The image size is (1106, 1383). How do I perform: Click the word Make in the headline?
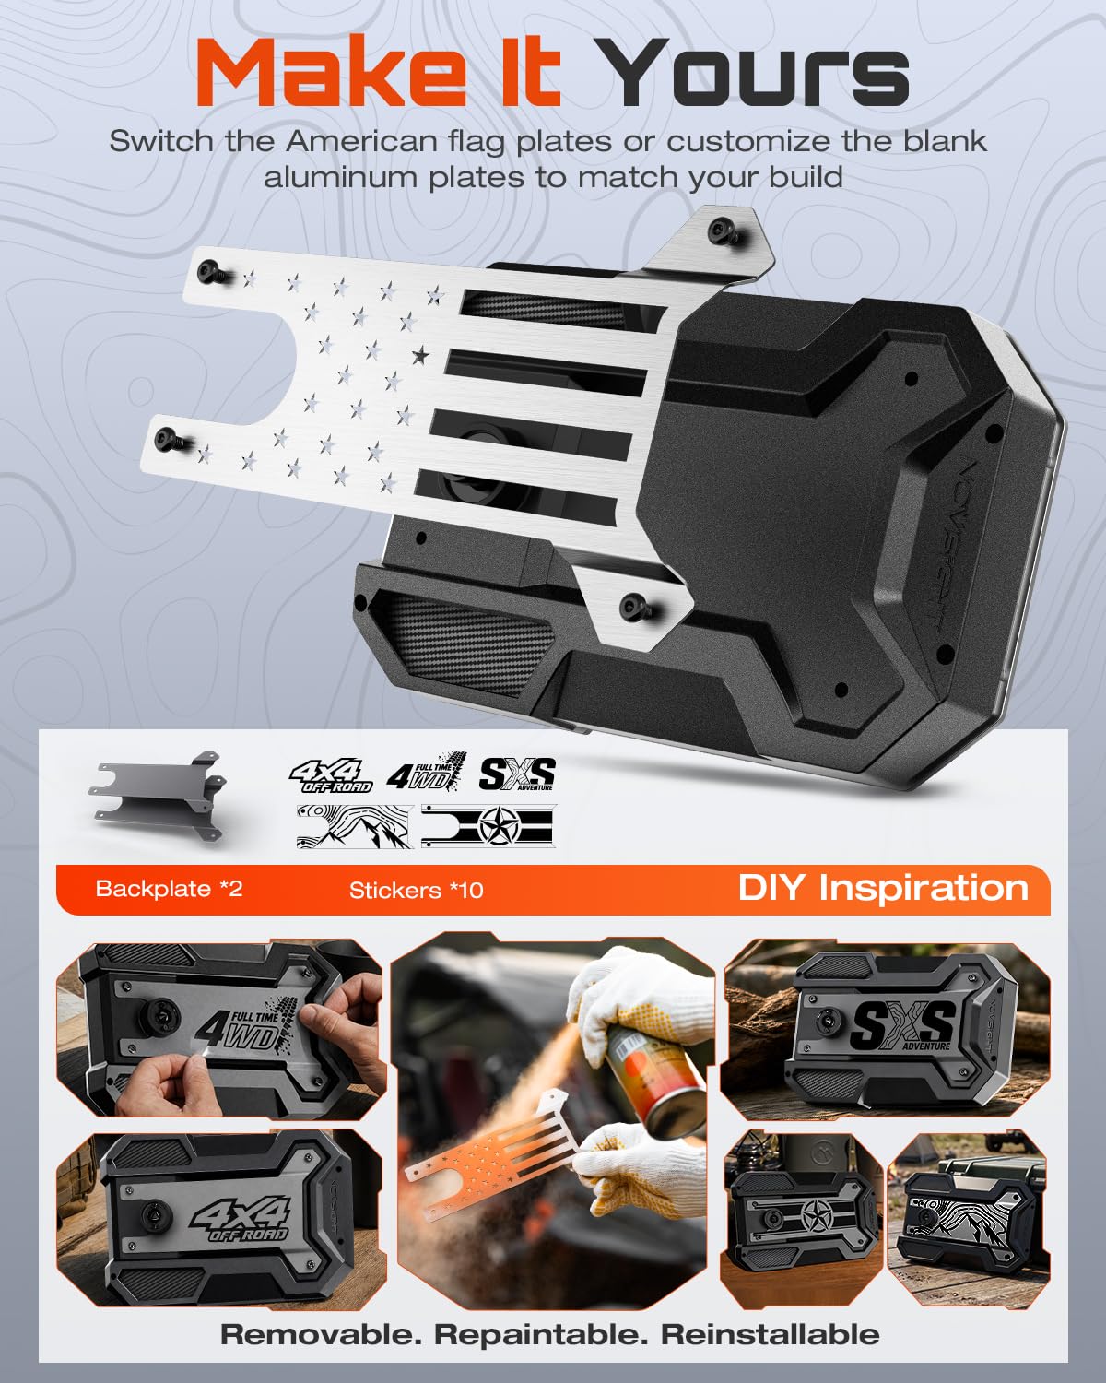click(x=331, y=72)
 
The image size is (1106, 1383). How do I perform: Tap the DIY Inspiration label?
click(x=883, y=889)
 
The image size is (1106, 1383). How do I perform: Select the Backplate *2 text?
click(x=169, y=889)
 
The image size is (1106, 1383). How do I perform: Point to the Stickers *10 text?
click(x=416, y=890)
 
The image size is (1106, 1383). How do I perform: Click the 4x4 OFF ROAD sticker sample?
click(x=332, y=775)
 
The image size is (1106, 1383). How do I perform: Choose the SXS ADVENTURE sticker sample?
click(x=517, y=774)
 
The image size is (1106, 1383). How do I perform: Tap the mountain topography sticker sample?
click(x=354, y=826)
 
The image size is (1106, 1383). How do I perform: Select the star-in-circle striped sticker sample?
click(x=488, y=826)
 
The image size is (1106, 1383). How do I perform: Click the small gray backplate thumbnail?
click(x=159, y=796)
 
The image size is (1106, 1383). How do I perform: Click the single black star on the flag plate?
click(x=420, y=354)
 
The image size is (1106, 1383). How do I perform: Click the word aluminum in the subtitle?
click(x=341, y=178)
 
